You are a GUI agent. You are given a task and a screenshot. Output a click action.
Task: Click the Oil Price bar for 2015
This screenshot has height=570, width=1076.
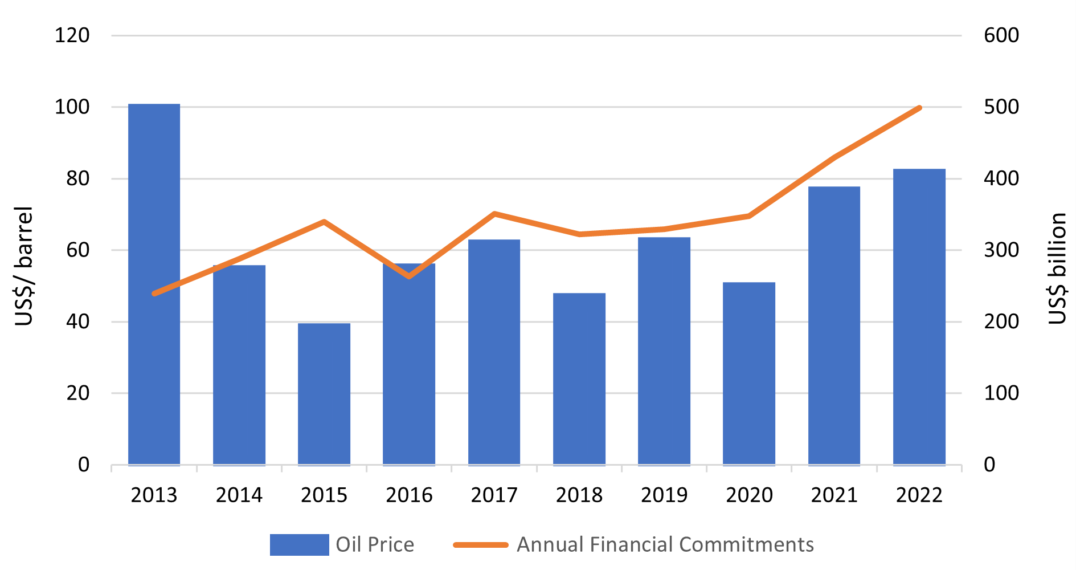pos(324,393)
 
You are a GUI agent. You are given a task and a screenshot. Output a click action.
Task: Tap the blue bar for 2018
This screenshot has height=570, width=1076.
pos(579,378)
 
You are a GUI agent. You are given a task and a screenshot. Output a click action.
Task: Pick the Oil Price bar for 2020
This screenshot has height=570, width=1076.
pos(748,373)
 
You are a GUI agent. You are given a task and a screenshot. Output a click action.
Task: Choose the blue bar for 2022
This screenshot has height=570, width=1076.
pos(919,316)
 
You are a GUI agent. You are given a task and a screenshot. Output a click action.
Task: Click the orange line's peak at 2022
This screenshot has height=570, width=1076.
pos(919,108)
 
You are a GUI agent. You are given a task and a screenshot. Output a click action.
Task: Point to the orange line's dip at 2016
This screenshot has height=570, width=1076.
pos(409,276)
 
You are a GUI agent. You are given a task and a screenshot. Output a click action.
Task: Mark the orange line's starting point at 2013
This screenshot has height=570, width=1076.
pos(154,294)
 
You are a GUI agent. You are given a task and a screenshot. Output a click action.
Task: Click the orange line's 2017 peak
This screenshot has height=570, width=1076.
pos(494,214)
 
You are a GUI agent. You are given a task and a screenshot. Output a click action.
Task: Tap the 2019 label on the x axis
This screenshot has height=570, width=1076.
pos(664,495)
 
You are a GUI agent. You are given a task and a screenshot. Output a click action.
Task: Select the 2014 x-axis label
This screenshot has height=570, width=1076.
pos(239,495)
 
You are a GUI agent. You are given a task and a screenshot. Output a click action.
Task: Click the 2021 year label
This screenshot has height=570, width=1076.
pos(834,495)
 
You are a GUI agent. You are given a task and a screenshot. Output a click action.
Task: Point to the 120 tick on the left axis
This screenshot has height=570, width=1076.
pos(72,35)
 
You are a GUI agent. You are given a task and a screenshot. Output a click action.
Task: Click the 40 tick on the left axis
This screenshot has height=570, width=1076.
pos(78,321)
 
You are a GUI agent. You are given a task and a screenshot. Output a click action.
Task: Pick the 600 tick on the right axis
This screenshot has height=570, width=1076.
pos(1001,35)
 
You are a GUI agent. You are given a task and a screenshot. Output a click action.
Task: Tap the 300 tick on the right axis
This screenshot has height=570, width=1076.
pos(1001,250)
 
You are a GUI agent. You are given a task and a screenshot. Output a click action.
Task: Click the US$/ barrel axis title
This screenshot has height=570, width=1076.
pos(24,266)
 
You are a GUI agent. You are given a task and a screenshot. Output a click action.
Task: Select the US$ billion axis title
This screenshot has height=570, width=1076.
pos(1057,268)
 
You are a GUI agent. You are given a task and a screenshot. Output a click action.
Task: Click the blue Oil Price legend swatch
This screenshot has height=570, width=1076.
pos(299,544)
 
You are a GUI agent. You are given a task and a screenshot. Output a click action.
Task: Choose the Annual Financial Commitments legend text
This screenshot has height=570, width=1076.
pos(665,544)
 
